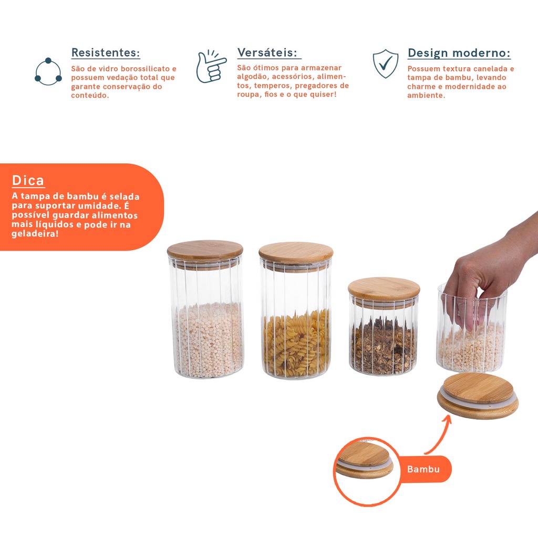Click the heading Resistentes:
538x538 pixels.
106,53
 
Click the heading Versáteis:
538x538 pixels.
267,53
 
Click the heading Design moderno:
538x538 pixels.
459,53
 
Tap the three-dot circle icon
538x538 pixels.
48,71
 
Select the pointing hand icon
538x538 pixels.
211,67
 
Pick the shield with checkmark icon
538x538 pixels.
386,64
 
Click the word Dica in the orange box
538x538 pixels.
28,181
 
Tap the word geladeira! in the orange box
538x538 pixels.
35,234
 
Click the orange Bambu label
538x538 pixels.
424,469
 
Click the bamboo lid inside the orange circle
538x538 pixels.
365,460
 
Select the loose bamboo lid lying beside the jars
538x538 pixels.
478,396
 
